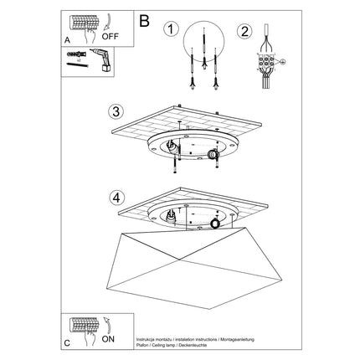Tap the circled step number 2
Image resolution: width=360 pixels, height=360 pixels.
(244, 32)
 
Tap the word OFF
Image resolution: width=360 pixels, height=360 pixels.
(111, 37)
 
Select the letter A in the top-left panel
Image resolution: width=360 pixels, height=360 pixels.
(67, 39)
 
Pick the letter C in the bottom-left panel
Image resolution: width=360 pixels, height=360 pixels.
(67, 341)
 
